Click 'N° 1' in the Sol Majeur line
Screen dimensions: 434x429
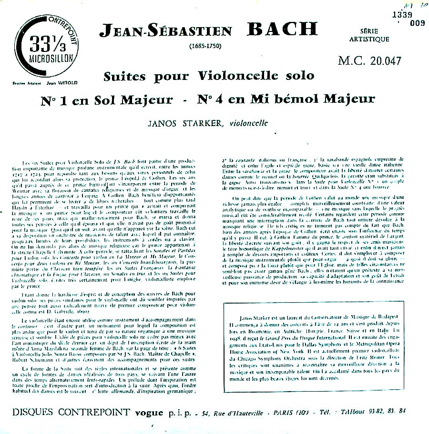point(51,100)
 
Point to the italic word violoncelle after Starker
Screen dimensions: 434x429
point(248,124)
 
